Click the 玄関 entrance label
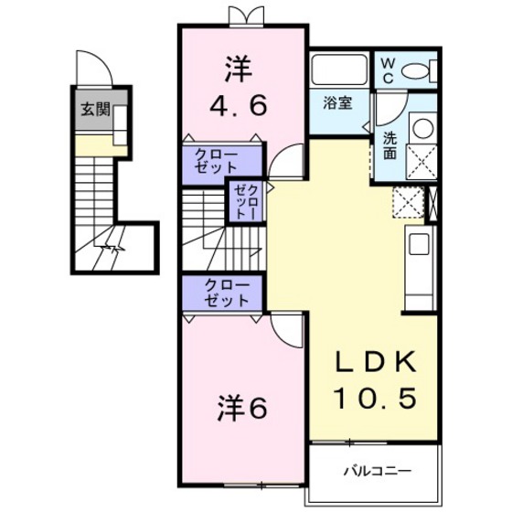[x=94, y=111]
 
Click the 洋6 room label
[x=241, y=409]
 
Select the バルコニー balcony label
[x=377, y=472]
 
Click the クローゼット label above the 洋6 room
[x=224, y=293]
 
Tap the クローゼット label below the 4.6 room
[x=224, y=162]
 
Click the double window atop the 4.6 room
[x=241, y=16]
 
